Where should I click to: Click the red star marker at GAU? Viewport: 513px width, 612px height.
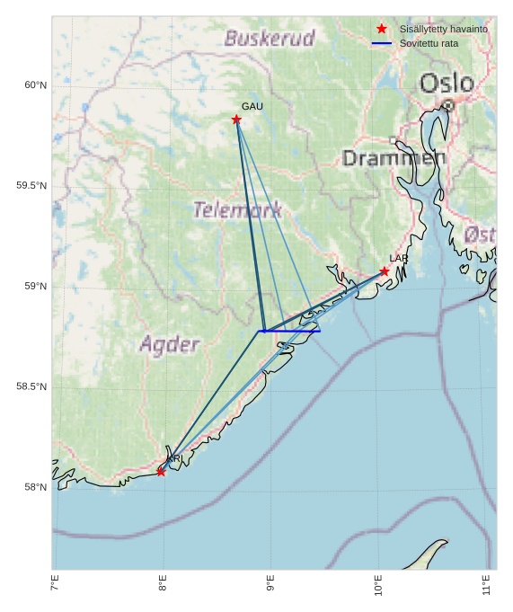tap(236, 120)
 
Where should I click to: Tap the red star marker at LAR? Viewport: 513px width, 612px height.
tap(385, 271)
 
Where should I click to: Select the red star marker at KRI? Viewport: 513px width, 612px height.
tap(162, 471)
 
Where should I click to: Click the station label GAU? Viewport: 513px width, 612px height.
tap(252, 106)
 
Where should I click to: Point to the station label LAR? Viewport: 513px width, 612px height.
tap(399, 258)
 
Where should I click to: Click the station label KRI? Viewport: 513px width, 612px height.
tap(174, 458)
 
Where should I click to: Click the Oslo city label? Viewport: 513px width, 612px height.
tap(447, 84)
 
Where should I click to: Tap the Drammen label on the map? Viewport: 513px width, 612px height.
tap(394, 158)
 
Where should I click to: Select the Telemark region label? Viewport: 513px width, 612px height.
tap(237, 210)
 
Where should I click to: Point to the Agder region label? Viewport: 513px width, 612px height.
tap(170, 344)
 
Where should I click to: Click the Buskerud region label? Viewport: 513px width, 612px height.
tap(270, 39)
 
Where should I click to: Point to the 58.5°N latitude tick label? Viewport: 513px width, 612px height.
tap(31, 386)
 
